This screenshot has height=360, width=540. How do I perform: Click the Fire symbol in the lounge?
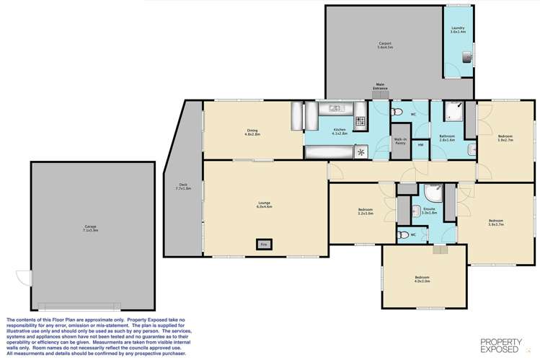pos(263,244)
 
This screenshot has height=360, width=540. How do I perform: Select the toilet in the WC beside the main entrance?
pos(396,113)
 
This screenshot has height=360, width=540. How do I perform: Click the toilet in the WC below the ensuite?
pos(404,235)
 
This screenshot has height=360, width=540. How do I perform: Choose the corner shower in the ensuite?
pos(432,193)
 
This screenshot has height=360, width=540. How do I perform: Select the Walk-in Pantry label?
pos(400,141)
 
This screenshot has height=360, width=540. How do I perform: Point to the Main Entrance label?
pos(380,87)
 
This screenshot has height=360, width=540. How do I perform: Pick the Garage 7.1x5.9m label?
pos(90,229)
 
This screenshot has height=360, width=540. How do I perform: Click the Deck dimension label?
pos(183,188)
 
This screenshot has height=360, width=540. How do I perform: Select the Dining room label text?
pos(252,132)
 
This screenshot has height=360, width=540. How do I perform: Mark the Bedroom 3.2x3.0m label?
pos(366,212)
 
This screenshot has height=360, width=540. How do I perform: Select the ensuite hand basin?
pos(417,211)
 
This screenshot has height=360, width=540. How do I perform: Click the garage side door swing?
pos(25,277)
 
